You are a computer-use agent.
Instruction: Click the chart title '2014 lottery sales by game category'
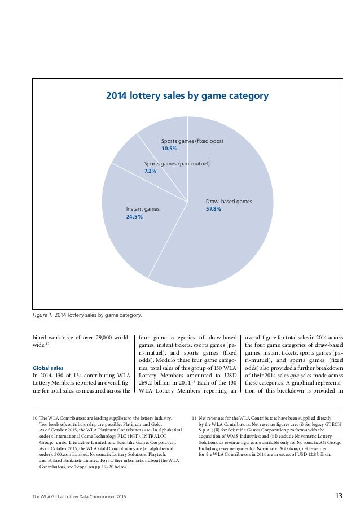click(187, 96)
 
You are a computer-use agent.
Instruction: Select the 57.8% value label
click(213, 209)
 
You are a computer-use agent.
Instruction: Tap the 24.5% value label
click(134, 217)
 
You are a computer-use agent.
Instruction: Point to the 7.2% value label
click(151, 171)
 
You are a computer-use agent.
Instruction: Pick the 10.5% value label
click(169, 149)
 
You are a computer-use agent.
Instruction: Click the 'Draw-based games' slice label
click(229, 201)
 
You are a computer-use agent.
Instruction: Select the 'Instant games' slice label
click(143, 209)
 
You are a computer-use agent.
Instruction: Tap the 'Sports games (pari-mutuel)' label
click(177, 164)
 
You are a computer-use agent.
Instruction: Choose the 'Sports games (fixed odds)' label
click(192, 141)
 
